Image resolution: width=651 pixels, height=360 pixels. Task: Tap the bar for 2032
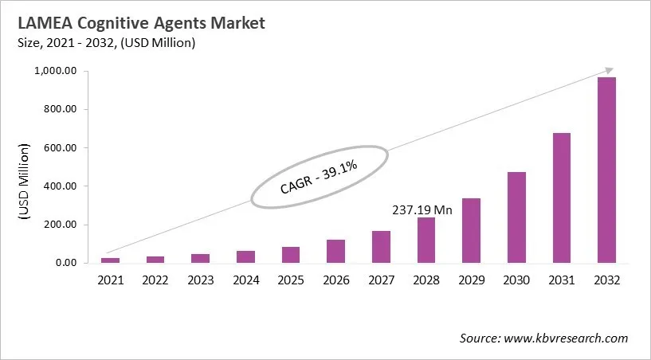(606, 170)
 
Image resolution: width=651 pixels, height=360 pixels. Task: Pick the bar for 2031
(562, 198)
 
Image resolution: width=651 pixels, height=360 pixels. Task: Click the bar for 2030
(516, 217)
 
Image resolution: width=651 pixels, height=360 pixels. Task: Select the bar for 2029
(471, 231)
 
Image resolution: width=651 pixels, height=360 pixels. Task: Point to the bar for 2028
(426, 241)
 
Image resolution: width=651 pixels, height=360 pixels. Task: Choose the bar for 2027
(381, 247)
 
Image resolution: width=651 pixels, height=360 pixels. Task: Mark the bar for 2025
(291, 255)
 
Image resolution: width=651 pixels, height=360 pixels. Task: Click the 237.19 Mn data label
(422, 210)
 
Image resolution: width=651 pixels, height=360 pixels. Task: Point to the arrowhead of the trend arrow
(609, 71)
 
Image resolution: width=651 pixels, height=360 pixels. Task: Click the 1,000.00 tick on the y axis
(54, 72)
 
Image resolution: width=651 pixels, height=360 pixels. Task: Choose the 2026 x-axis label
(335, 280)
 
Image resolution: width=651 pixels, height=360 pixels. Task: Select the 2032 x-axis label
(606, 280)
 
